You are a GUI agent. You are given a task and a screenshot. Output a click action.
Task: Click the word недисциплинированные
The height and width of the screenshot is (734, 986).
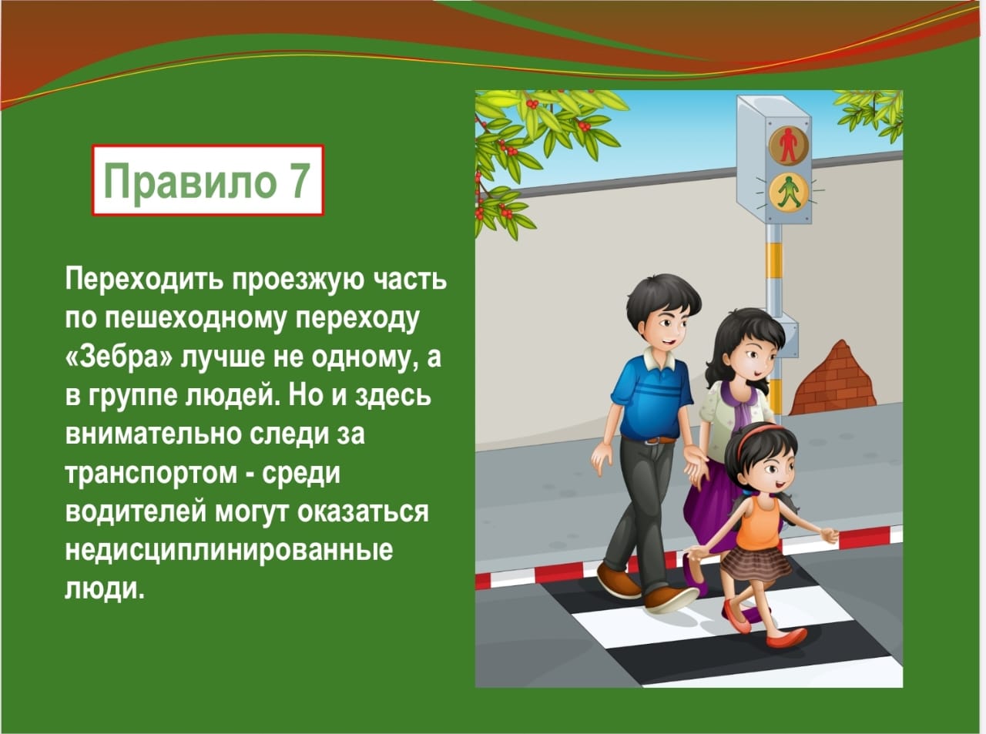coord(230,551)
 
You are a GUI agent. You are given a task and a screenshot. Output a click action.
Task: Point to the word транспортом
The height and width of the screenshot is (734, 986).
coord(151,474)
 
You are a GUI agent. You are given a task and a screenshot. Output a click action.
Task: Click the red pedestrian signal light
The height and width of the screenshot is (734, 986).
coord(788,145)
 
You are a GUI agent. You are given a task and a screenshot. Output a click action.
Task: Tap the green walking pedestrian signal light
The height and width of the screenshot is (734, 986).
coord(788,193)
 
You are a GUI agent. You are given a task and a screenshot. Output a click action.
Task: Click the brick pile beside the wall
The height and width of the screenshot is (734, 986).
coord(834,380)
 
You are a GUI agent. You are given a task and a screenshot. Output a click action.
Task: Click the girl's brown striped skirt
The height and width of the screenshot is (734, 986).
coord(756,563)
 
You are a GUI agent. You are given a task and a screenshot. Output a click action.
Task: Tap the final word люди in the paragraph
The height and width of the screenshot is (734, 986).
coord(105,589)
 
